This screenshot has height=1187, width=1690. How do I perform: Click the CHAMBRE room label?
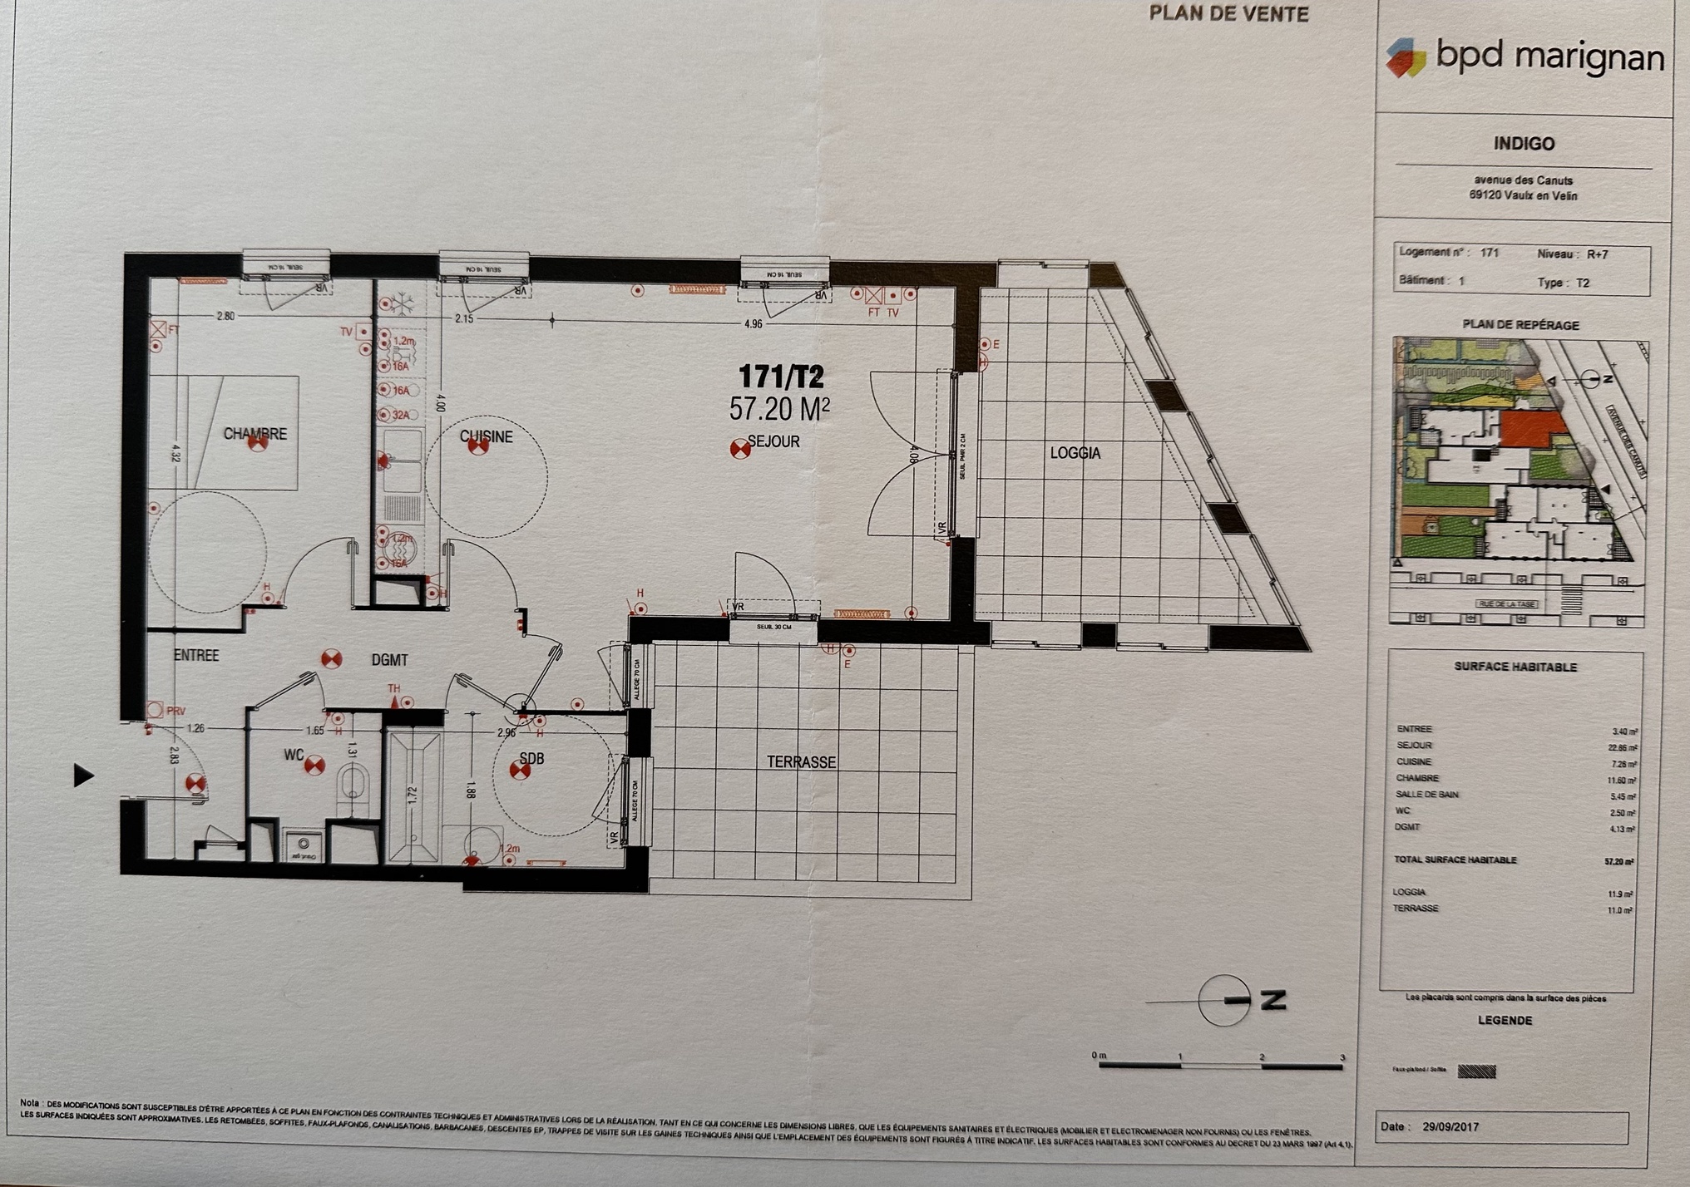tap(254, 434)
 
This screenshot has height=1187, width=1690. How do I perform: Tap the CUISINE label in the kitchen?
tap(487, 436)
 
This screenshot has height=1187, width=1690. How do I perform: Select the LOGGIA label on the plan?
tap(1075, 453)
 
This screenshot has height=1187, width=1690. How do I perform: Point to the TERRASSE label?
tap(801, 761)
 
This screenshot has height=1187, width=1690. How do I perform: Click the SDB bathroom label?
tap(531, 758)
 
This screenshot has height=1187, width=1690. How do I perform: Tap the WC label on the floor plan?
tap(294, 755)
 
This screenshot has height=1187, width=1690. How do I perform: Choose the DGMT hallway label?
tap(389, 660)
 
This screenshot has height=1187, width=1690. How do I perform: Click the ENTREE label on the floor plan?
tap(196, 655)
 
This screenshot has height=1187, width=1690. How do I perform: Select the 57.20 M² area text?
tap(778, 409)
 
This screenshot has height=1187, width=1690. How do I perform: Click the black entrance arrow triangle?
tap(82, 776)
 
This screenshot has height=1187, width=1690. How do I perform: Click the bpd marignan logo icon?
tap(1406, 57)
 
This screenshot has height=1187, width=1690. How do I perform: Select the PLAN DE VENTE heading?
tap(1228, 14)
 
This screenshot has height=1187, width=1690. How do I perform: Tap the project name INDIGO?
tap(1524, 144)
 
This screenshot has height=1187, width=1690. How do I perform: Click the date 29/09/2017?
tap(1450, 1127)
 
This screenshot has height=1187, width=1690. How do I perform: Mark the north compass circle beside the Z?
tap(1223, 1001)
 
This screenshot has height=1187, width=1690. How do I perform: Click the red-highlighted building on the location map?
tap(1532, 431)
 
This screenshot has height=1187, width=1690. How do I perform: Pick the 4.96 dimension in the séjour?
tap(753, 323)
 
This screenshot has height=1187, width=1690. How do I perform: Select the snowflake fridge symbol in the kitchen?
tap(403, 304)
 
